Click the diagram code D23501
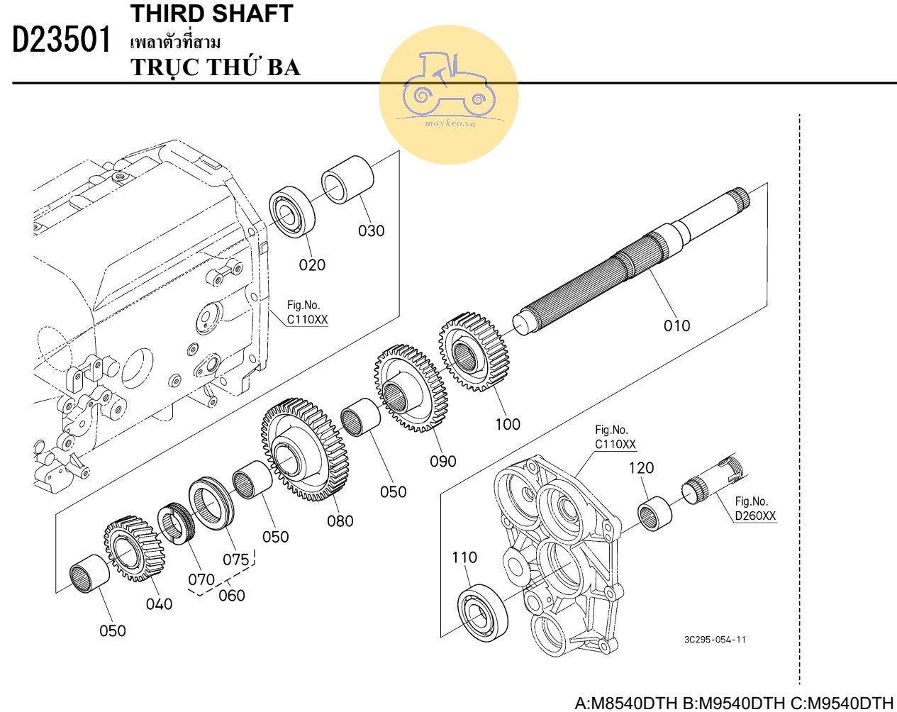(62, 40)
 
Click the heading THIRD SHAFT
(211, 13)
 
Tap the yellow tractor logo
(448, 92)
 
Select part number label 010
(676, 326)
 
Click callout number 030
(371, 230)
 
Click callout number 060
(231, 596)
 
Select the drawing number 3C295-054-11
(715, 640)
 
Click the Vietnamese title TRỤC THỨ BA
(216, 67)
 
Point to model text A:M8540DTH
(625, 703)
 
